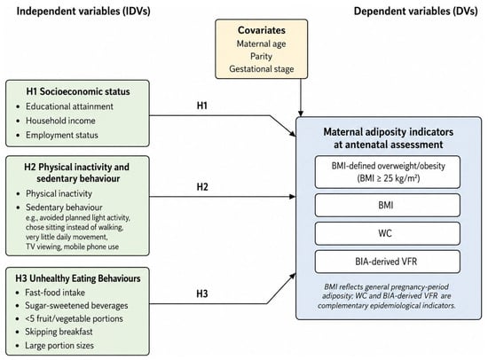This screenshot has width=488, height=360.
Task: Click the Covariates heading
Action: coord(262,30)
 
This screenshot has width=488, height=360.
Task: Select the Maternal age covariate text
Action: coord(262,43)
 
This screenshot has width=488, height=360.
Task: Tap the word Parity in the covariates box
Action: coord(262,57)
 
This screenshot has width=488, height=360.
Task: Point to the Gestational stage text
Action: coord(262,69)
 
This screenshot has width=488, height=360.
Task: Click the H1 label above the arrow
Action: coord(202,106)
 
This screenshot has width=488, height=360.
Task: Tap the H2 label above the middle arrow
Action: coord(202,187)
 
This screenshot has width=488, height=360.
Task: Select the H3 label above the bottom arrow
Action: coord(202,293)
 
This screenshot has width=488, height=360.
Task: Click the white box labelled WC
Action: coord(387,233)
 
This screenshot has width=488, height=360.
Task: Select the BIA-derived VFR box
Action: coord(387,262)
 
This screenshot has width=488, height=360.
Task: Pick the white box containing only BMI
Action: coord(387,206)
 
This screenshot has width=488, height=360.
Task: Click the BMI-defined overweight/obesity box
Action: coord(387,172)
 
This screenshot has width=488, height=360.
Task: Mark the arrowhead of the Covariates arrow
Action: coord(300,113)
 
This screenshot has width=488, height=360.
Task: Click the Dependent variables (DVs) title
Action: coord(416,12)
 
